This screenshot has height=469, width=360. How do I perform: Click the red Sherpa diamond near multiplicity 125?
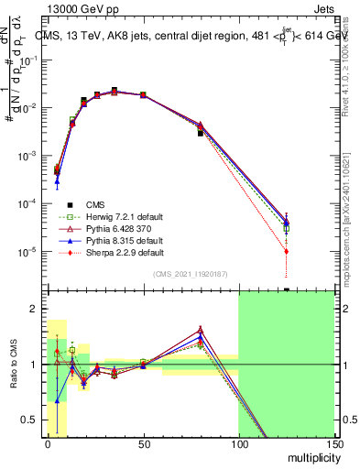[287, 251]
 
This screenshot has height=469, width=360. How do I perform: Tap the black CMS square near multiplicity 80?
[201, 133]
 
